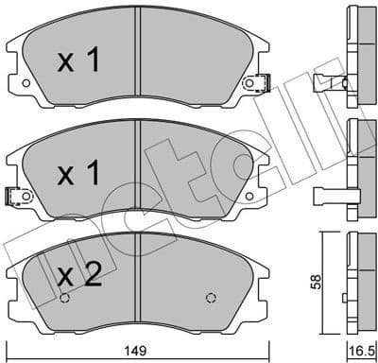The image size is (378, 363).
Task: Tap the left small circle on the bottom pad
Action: (64, 300)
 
